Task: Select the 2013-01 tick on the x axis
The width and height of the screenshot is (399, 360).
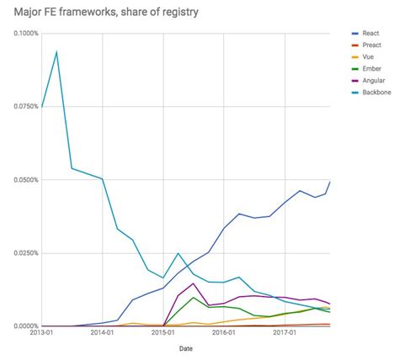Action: (x=42, y=333)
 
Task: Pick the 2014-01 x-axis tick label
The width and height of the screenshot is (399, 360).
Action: (x=103, y=333)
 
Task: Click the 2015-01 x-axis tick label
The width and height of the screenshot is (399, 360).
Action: (x=163, y=333)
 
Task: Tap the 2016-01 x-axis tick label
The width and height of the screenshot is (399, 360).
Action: (x=224, y=333)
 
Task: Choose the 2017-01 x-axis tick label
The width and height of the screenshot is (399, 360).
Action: (x=285, y=333)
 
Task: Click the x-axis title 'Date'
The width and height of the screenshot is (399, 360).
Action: (x=184, y=349)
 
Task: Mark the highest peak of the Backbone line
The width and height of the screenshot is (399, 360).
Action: (x=56, y=52)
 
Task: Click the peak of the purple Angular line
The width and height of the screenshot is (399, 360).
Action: (x=194, y=283)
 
